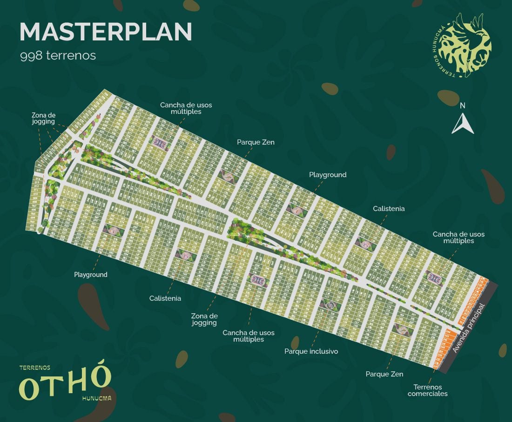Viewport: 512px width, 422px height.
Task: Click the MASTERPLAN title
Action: point(106,32)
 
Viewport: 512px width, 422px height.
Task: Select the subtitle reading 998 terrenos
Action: point(58,56)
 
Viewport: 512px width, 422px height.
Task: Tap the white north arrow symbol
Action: point(463,124)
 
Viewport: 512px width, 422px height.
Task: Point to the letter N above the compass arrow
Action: point(462,105)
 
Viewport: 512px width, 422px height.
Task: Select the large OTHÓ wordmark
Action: point(65,384)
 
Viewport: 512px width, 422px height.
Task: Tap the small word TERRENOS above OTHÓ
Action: point(34,367)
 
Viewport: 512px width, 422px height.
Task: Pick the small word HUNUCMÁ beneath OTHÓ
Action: point(96,399)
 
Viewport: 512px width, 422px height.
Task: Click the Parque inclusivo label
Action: point(311,351)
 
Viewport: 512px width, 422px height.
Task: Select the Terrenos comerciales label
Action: point(427,390)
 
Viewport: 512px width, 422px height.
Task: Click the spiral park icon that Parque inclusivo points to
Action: point(331,305)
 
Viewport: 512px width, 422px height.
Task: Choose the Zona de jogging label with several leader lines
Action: point(43,119)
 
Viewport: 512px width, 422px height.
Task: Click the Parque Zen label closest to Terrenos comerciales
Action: point(384,374)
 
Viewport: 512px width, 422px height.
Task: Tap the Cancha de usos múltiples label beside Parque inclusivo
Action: point(248,336)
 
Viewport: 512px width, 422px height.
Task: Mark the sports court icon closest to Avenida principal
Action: point(435,278)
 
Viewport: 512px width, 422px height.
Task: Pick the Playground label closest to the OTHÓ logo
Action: point(90,275)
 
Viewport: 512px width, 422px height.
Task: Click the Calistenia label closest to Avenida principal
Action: point(389,209)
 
